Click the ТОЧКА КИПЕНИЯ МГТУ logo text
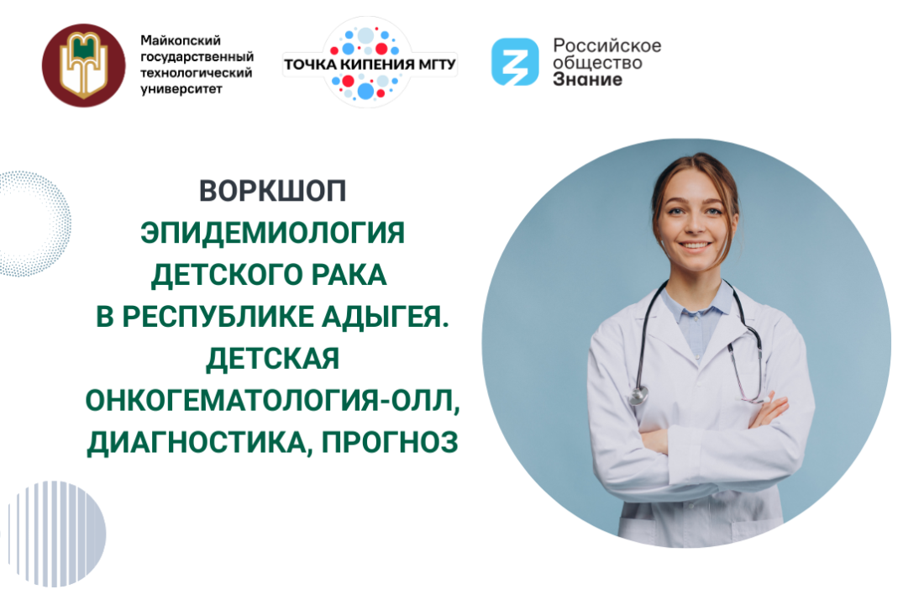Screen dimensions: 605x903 coord(370,64)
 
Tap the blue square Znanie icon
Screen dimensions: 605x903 coord(515,61)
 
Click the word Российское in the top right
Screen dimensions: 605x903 coord(606,45)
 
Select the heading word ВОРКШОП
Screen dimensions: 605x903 coord(272,191)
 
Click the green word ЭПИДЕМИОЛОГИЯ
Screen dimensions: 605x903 coord(272,232)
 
